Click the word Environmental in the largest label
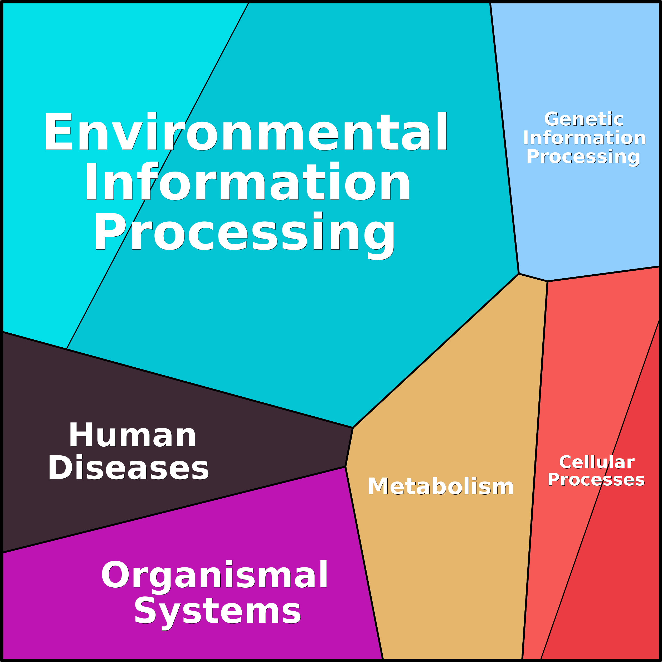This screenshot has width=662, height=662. tap(245, 132)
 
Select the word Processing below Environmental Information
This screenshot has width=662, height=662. tap(245, 233)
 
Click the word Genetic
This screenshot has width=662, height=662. tap(583, 119)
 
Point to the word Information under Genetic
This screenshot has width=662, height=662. tap(584, 138)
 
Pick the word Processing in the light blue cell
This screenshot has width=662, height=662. tap(583, 157)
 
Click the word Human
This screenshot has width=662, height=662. tap(132, 435)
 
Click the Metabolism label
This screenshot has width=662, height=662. tap(441, 486)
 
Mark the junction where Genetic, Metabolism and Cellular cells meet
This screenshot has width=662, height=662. tap(547, 281)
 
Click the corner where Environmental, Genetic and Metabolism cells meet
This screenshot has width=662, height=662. tap(519, 274)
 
